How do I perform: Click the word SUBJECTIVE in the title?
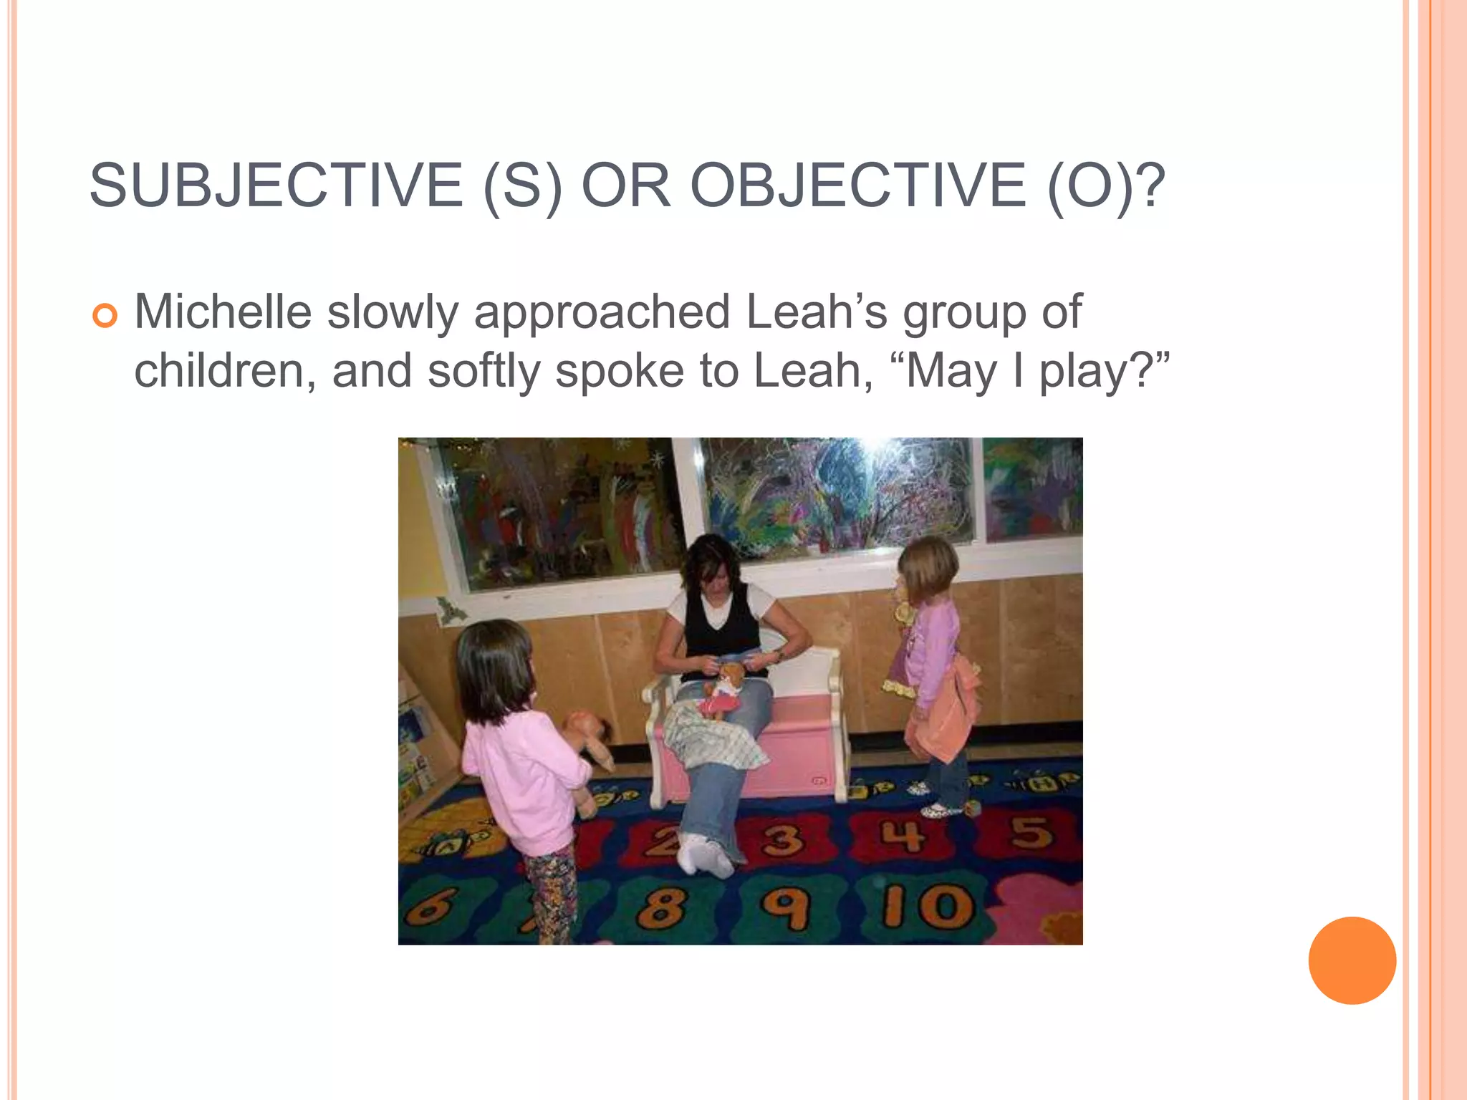pyautogui.click(x=276, y=185)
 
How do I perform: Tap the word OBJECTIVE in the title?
pyautogui.click(x=857, y=185)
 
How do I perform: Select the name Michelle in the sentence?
pyautogui.click(x=223, y=312)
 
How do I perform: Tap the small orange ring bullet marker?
pyautogui.click(x=105, y=316)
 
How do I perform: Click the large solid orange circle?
pyautogui.click(x=1352, y=960)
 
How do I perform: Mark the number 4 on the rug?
pyautogui.click(x=904, y=836)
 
